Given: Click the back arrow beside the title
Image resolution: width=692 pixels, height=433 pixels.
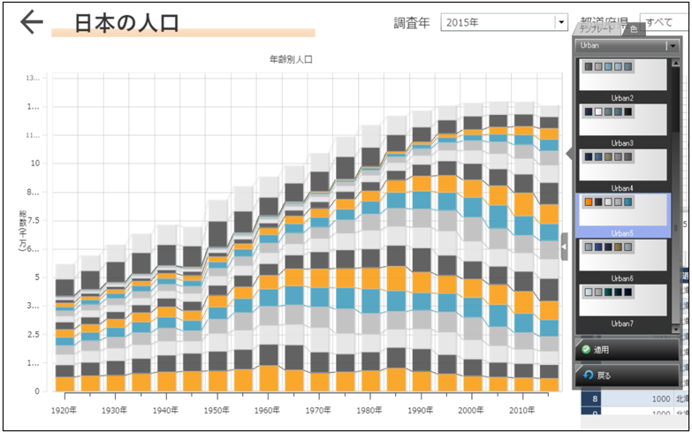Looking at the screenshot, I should coord(31,23).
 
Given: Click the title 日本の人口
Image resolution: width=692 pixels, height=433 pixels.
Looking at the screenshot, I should coord(126,23).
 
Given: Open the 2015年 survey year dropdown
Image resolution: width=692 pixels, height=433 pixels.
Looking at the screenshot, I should coord(560,23).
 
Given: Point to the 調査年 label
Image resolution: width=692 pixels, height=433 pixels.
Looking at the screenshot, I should coord(412,23).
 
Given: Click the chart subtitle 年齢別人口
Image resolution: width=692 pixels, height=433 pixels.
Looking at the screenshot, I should coord(291,60).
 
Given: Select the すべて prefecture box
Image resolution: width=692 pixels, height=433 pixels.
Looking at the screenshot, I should coord(665,23).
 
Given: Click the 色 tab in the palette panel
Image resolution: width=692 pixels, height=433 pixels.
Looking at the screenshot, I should coord(634,30).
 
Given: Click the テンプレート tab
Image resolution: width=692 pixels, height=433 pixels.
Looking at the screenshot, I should coord(598,30).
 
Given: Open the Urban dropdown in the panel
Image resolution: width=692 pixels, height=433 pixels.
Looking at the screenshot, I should coord(673,44).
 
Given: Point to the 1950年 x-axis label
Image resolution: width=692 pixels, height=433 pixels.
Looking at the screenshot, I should coord(216,411).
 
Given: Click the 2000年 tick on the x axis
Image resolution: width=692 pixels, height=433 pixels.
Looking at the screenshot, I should coord(471,411).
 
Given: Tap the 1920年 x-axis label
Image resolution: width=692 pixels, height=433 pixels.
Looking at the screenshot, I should coord(65,411).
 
